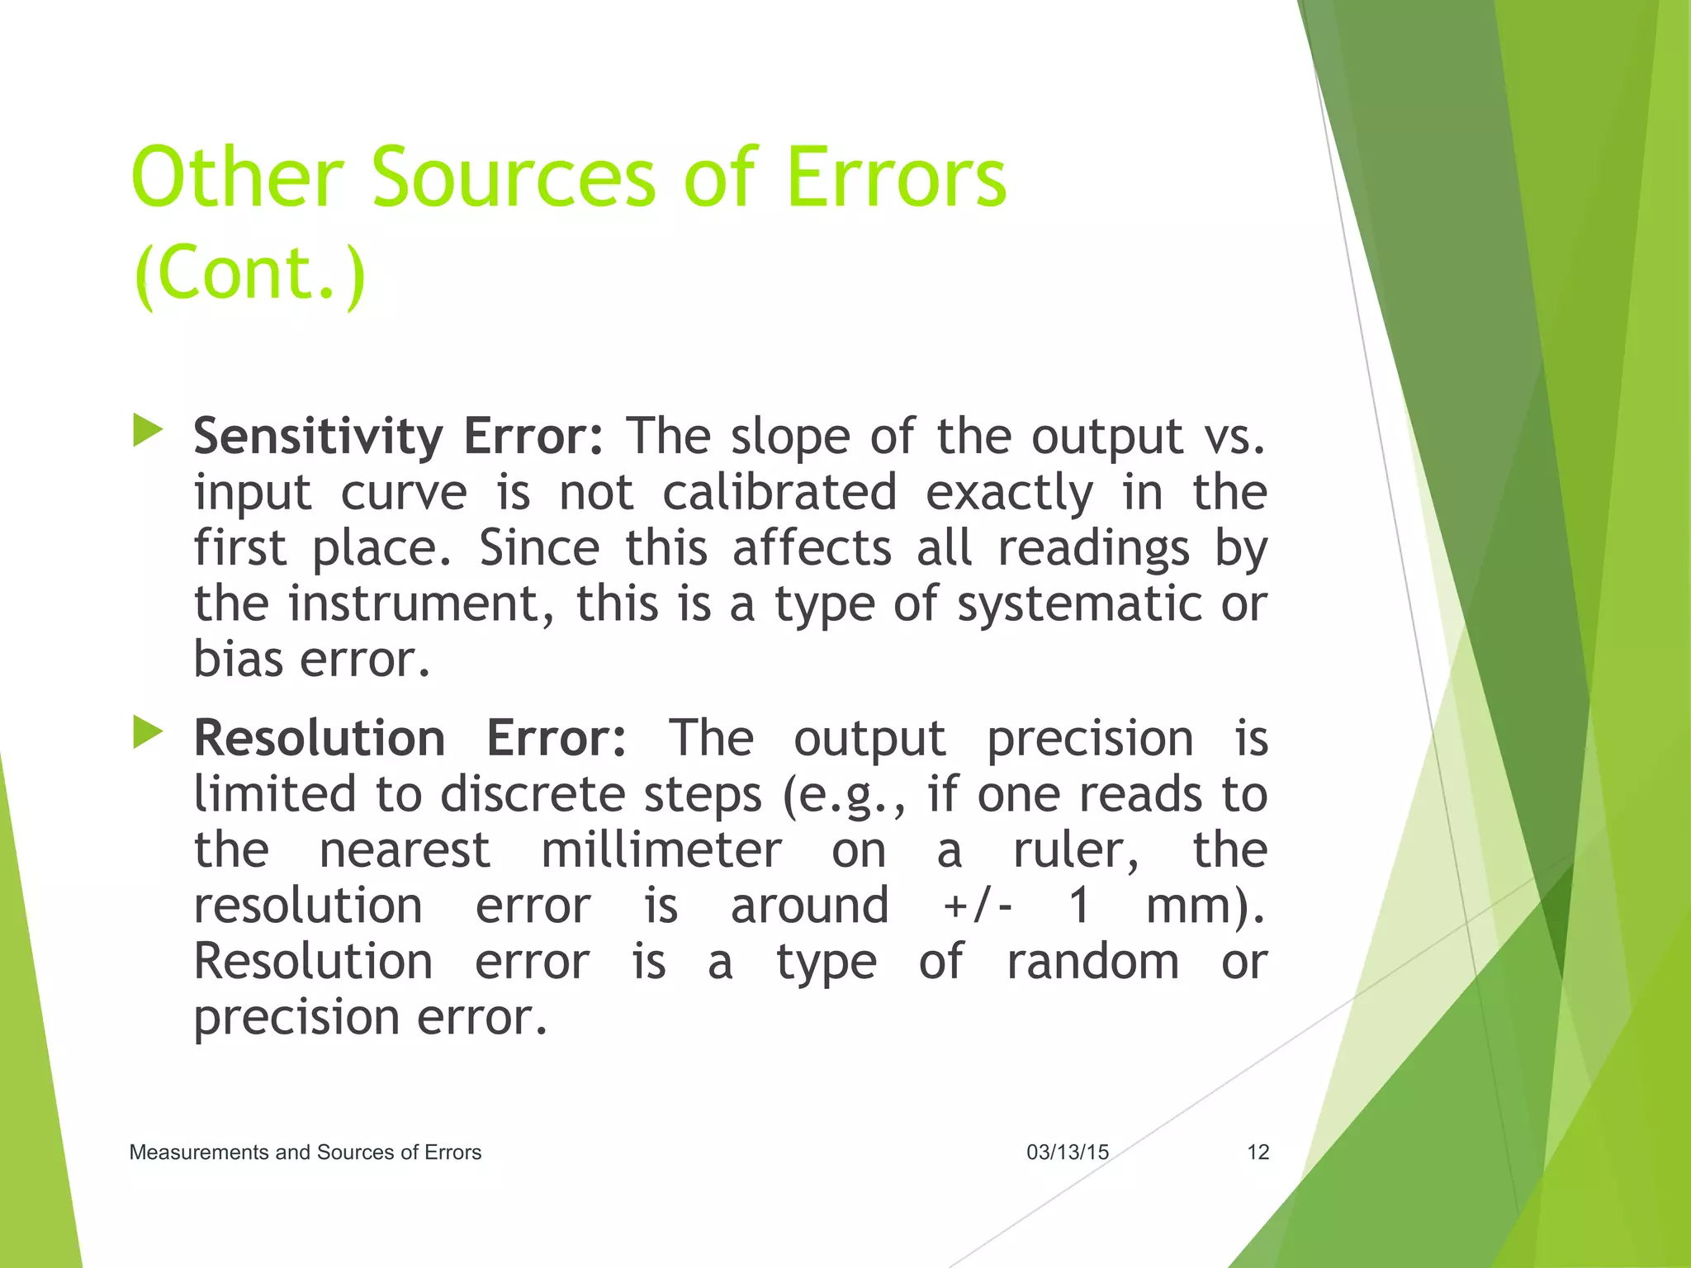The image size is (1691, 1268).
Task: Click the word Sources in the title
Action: coord(513,177)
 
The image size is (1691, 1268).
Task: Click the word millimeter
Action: coord(661,850)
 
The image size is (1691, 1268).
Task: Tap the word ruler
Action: coord(1075,850)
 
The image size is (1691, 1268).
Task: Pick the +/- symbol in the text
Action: coord(978,906)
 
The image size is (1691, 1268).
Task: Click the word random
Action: coord(1092,962)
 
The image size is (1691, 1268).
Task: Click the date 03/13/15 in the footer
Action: coord(1067,1152)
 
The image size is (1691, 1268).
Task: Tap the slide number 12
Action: coord(1258,1152)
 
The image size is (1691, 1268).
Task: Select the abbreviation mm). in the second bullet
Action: coord(1205,906)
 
